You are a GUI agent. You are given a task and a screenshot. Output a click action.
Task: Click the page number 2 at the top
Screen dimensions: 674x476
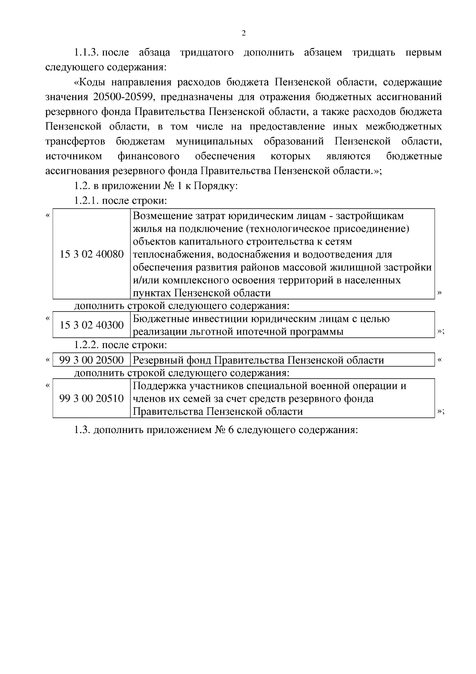[244, 33]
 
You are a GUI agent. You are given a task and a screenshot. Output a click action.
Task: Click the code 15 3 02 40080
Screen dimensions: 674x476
[92, 254]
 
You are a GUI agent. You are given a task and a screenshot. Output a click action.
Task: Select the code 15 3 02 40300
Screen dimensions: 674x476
[92, 325]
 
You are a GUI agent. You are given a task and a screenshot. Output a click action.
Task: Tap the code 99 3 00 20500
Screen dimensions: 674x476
[92, 360]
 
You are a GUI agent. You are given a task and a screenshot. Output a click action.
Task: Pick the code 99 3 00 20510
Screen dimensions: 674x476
[92, 398]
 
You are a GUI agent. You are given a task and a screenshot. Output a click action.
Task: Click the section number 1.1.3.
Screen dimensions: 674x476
[86, 52]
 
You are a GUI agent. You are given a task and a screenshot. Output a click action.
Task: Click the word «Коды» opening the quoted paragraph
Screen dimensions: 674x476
[90, 83]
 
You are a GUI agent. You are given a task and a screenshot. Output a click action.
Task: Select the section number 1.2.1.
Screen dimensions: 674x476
[86, 200]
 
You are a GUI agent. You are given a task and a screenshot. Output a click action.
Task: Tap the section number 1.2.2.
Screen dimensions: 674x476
[86, 345]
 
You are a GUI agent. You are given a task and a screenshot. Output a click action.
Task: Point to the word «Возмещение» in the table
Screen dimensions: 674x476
[162, 216]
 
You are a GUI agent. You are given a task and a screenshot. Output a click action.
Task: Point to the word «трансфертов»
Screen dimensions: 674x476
[75, 142]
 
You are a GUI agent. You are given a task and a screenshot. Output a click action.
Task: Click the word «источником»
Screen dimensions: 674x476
[74, 156]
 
